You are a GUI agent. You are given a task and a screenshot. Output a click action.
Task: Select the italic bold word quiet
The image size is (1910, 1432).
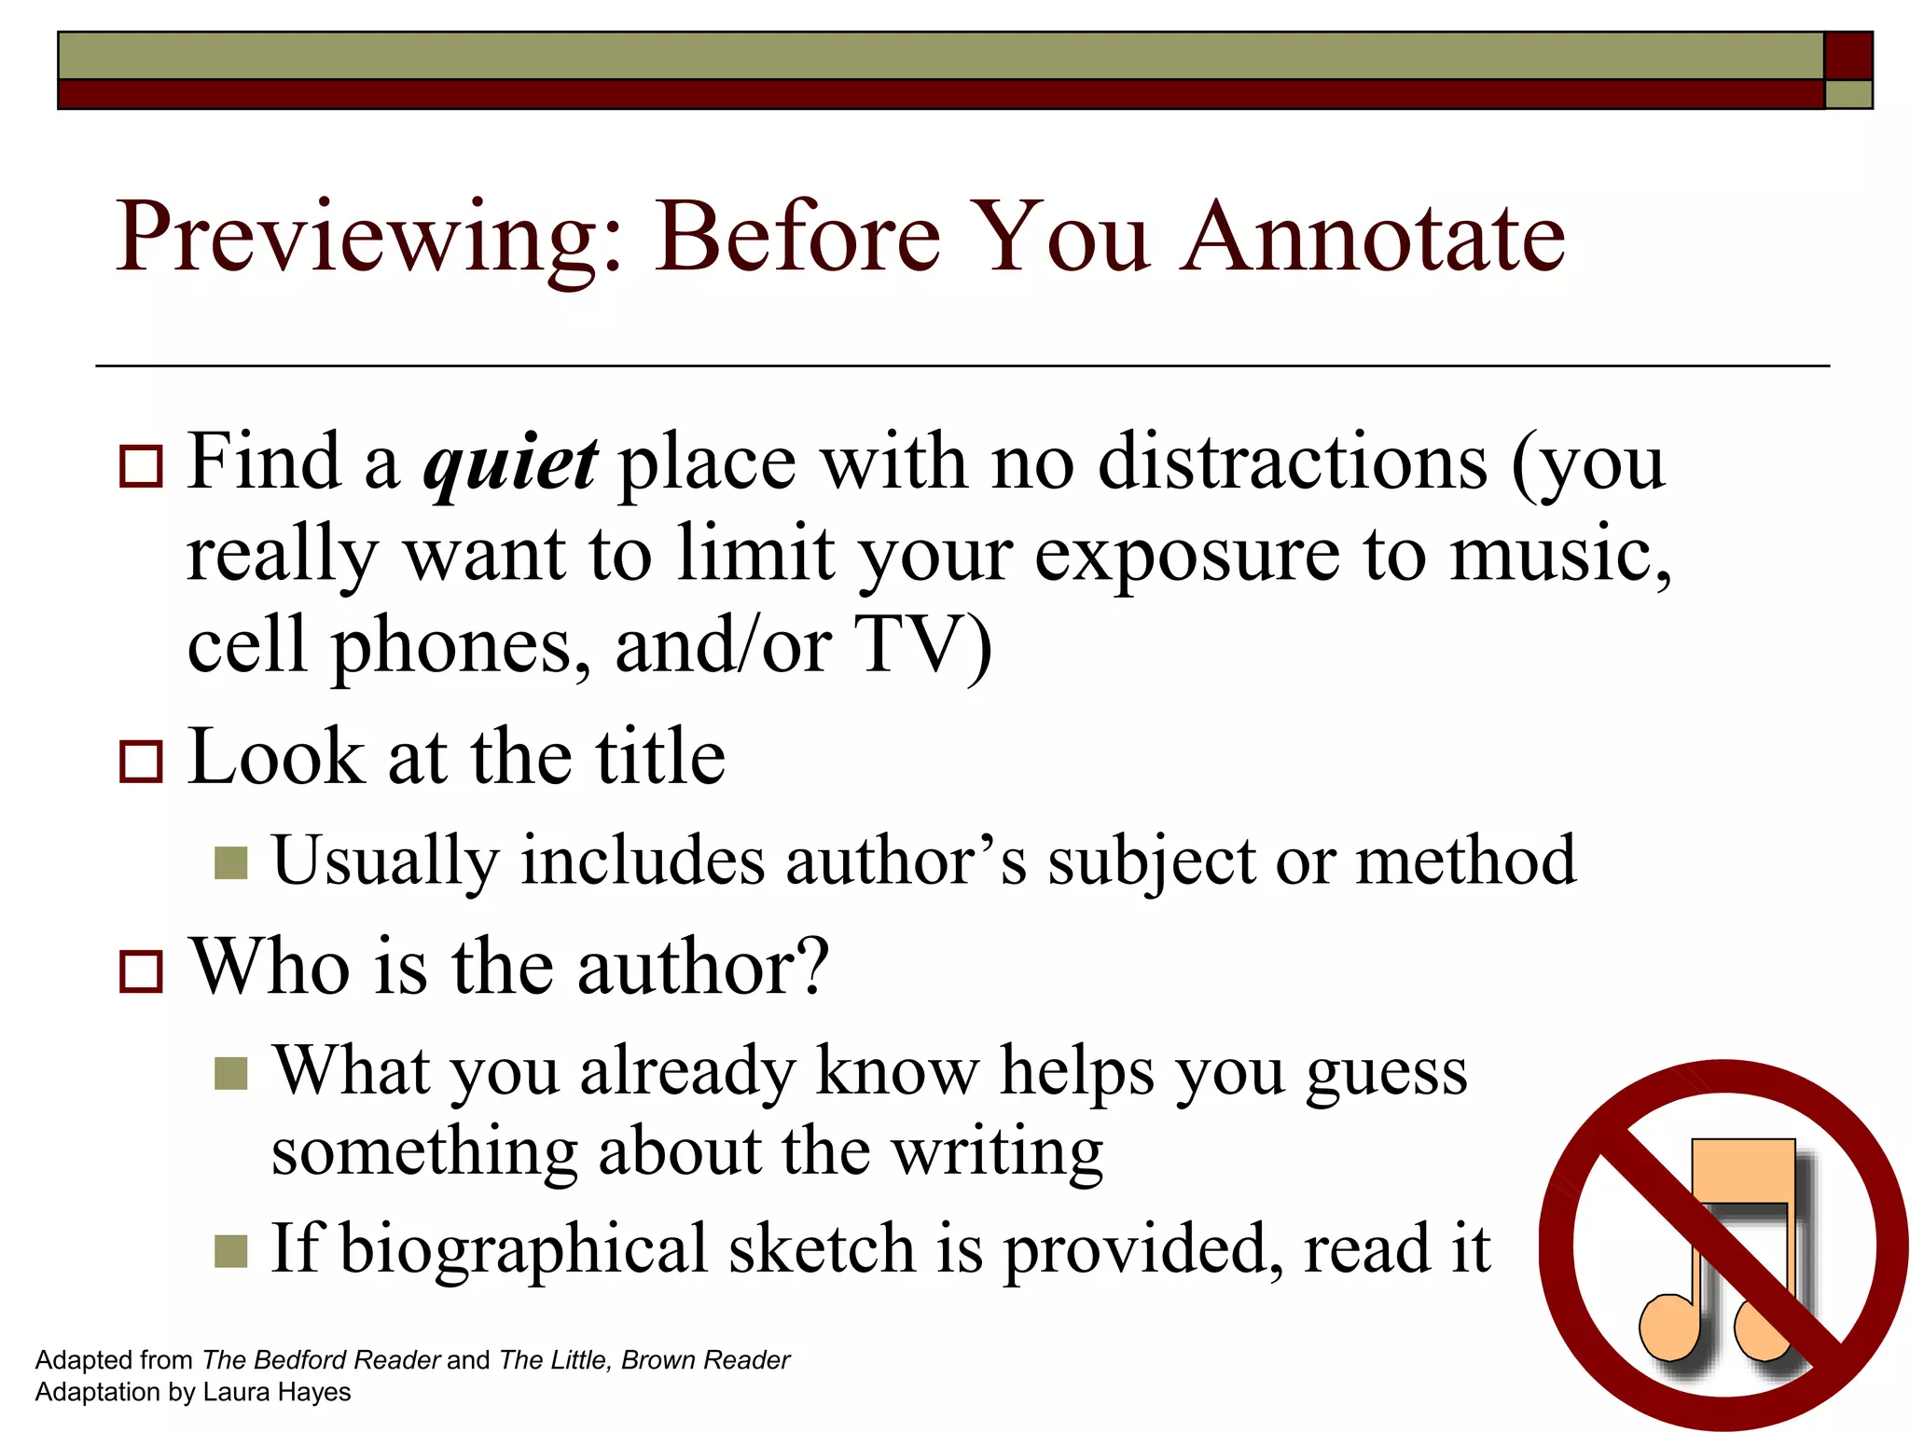510,463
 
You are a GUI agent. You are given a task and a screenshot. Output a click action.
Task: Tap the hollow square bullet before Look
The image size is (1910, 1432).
142,761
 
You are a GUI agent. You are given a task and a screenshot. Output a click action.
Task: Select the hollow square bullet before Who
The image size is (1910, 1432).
142,971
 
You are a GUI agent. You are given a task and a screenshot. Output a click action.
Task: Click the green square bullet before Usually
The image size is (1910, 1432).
230,862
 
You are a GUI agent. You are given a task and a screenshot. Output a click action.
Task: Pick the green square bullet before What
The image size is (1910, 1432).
230,1073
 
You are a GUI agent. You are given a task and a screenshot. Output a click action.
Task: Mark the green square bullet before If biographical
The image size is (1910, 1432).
230,1251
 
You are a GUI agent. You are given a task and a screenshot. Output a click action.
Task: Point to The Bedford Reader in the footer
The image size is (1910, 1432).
321,1360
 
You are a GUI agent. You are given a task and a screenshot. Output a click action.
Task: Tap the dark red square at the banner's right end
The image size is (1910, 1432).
1848,56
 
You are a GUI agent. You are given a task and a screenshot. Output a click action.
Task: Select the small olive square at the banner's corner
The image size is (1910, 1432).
1848,94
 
